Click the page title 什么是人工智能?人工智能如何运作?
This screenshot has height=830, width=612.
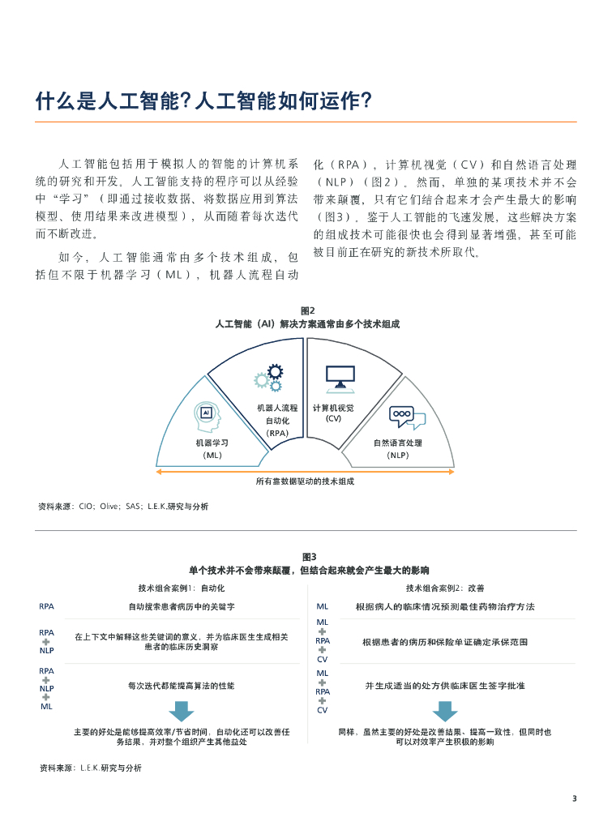tap(203, 101)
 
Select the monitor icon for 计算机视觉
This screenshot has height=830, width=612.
tap(340, 377)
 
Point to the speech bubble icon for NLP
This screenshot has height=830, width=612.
tap(405, 417)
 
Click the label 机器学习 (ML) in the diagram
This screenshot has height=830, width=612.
tap(212, 449)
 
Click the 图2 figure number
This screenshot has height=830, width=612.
tap(307, 310)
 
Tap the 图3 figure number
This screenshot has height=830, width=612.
tap(309, 557)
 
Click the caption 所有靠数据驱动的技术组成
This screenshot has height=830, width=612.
tap(305, 481)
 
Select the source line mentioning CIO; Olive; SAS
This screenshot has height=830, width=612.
tap(123, 507)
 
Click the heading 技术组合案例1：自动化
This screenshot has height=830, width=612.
tap(182, 588)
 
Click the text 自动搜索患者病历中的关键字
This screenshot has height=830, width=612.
tap(182, 606)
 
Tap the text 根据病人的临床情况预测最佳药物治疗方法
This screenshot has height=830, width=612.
tap(445, 606)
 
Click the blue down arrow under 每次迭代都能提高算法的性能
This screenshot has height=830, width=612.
tap(182, 711)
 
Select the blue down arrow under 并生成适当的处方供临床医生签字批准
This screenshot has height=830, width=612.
tap(445, 711)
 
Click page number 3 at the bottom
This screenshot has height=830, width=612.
tap(574, 798)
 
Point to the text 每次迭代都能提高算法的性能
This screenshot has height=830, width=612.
tap(182, 686)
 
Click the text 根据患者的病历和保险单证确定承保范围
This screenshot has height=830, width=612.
tap(445, 642)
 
